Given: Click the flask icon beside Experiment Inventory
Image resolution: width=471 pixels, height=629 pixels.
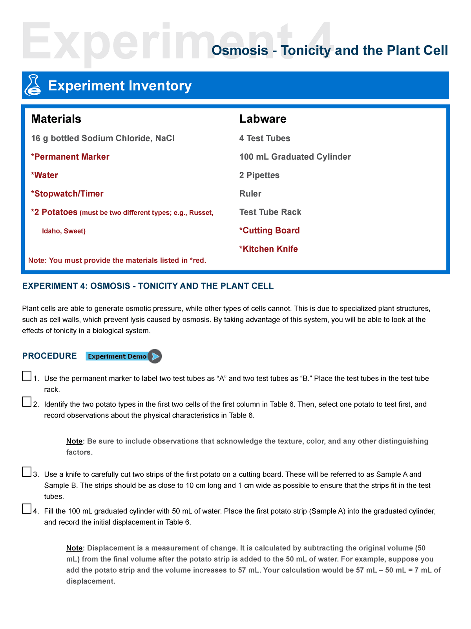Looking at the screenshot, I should pyautogui.click(x=33, y=85).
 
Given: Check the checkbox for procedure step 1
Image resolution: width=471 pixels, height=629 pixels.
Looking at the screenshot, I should pyautogui.click(x=27, y=376).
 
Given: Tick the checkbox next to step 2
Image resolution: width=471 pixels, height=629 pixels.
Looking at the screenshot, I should pyautogui.click(x=27, y=402).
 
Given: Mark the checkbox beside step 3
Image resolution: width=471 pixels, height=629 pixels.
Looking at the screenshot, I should pyautogui.click(x=27, y=472).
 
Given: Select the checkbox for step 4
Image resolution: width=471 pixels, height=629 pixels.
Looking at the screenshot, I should pyautogui.click(x=27, y=509).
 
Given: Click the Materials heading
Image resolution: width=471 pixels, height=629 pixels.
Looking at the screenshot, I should pyautogui.click(x=56, y=119).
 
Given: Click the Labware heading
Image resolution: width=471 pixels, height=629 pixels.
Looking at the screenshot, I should pyautogui.click(x=263, y=119).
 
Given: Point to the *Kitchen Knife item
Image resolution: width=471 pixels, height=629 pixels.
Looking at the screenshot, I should pyautogui.click(x=268, y=249).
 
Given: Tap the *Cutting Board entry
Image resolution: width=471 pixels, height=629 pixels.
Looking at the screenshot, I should pyautogui.click(x=269, y=230).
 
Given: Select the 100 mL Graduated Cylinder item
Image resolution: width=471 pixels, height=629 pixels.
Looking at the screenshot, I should pyautogui.click(x=295, y=157).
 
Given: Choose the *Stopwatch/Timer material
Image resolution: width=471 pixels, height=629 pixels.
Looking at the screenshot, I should pyautogui.click(x=67, y=194).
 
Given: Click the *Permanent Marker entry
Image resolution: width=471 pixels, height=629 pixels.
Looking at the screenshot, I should pyautogui.click(x=70, y=157).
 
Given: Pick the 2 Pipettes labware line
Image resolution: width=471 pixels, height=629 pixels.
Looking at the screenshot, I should pyautogui.click(x=259, y=175).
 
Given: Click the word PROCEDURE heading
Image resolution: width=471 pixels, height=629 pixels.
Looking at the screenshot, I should pyautogui.click(x=49, y=356).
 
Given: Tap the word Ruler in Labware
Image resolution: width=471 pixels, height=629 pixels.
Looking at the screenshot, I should pyautogui.click(x=250, y=194).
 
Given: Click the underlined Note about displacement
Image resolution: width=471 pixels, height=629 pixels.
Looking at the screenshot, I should pyautogui.click(x=74, y=548).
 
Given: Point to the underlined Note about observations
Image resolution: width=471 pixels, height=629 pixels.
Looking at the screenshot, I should pyautogui.click(x=74, y=441).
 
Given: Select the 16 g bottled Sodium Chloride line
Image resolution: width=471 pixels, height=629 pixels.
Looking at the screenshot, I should pyautogui.click(x=103, y=138).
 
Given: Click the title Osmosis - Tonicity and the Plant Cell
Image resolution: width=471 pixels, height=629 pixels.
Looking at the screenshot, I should pyautogui.click(x=329, y=50).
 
